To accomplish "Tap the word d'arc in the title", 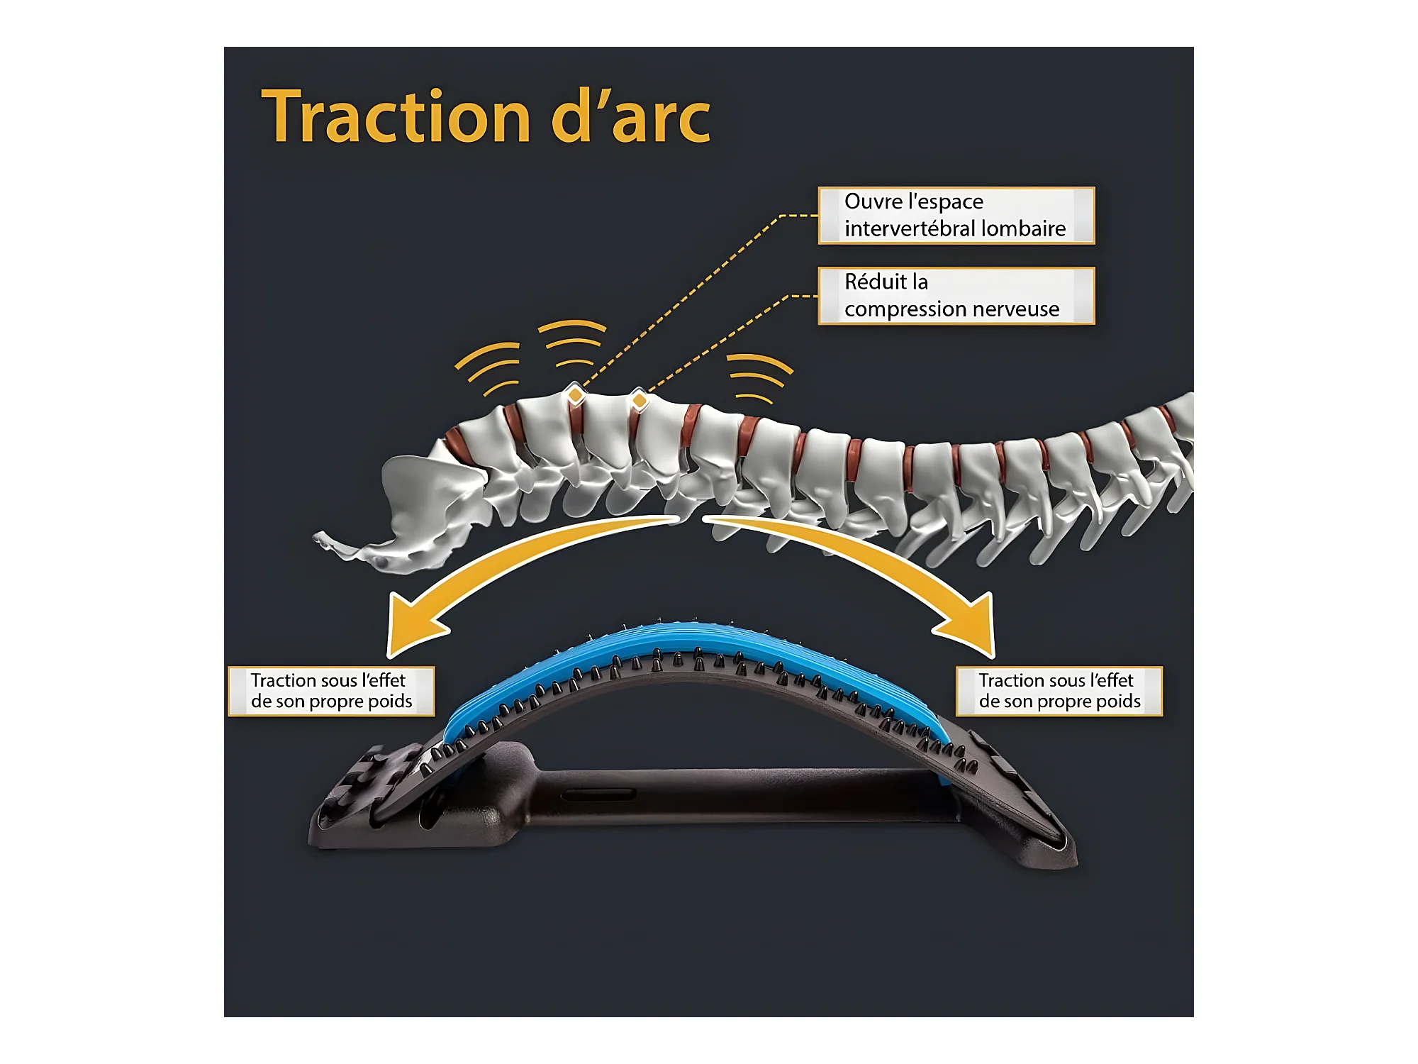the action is click(630, 117).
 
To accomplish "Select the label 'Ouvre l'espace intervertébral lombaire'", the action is click(956, 216).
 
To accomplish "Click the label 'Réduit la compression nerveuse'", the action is click(956, 296).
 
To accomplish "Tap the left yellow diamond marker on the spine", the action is click(575, 394).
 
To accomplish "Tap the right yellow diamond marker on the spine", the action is click(640, 401).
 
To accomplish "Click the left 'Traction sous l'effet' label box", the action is click(331, 691).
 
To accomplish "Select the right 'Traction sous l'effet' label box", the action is click(1059, 691).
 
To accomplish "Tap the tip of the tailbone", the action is click(319, 538).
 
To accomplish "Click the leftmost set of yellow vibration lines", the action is click(489, 367).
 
